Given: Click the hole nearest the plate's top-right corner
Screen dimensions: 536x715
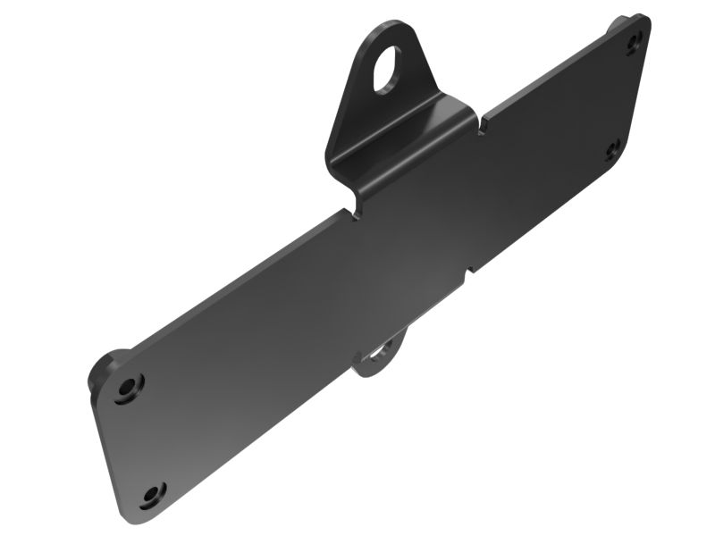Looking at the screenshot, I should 635,40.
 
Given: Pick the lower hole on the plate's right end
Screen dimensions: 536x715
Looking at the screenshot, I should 613,150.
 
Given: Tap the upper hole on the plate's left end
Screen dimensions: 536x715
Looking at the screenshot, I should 130,386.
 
